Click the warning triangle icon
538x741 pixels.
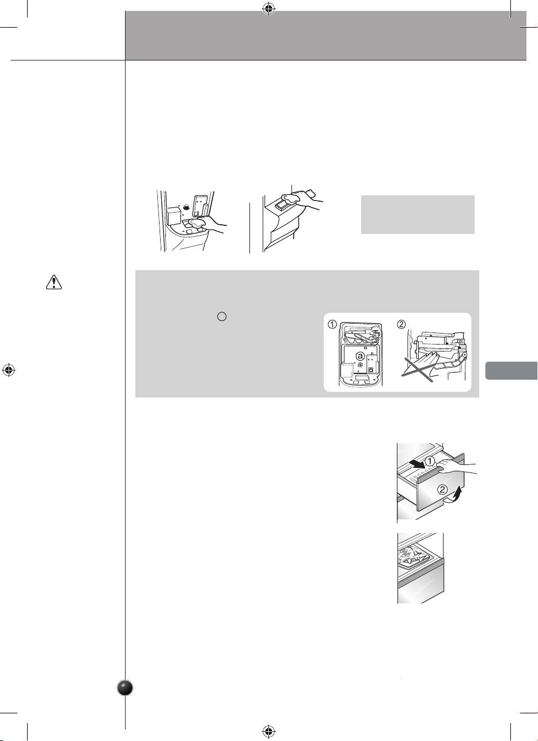(x=54, y=282)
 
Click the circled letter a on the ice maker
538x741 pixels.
(x=360, y=356)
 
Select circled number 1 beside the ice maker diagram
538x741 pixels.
(x=333, y=324)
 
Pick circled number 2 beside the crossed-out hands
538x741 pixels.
(x=401, y=324)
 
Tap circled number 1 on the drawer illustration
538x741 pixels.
(x=429, y=461)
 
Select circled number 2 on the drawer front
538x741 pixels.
(x=443, y=490)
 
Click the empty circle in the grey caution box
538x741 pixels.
(x=222, y=316)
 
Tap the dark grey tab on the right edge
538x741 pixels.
(x=512, y=370)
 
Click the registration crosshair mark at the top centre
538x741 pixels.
(x=269, y=9)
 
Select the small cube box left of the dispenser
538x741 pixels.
(x=174, y=216)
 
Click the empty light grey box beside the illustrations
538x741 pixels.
(x=418, y=215)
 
